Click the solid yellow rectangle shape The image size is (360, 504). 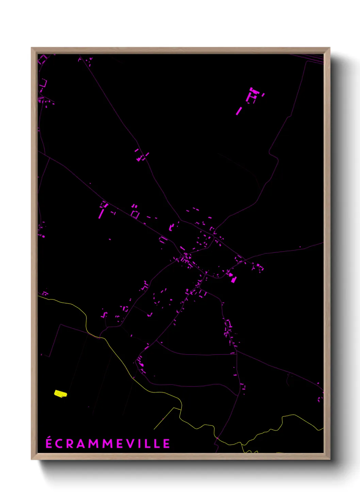[x=61, y=394]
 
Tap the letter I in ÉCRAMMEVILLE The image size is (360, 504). [x=140, y=444]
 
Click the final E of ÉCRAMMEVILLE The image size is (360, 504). [x=166, y=444]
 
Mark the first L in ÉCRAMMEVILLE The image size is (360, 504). [x=148, y=444]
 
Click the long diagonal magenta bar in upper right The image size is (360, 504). [x=239, y=111]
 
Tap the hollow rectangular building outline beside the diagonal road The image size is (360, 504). [x=135, y=215]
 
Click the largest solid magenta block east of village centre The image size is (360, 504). [x=233, y=280]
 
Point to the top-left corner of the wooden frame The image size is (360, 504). [x=32, y=48]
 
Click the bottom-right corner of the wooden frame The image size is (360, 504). [x=329, y=459]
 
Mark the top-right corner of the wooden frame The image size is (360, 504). [x=329, y=48]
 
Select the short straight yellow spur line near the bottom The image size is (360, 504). [x=164, y=419]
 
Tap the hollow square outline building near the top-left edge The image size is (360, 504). [x=43, y=83]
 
